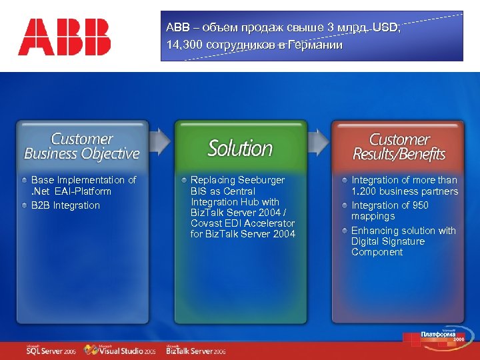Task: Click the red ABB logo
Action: point(64,37)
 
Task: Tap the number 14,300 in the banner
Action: point(184,45)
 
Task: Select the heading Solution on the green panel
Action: point(240,148)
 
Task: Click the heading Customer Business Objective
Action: point(82,146)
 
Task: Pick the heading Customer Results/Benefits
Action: point(399,147)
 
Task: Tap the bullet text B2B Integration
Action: point(65,205)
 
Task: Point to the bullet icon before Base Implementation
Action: point(25,180)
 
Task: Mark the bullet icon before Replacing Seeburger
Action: point(184,180)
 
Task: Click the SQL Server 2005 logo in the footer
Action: point(51,350)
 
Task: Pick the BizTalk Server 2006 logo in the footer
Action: point(196,350)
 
